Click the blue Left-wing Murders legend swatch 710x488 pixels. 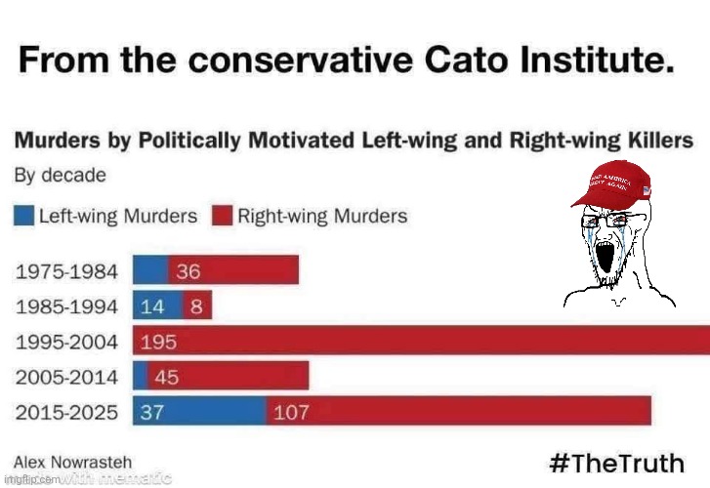click(24, 216)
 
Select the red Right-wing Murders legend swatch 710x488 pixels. click(223, 216)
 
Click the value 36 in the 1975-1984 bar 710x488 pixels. click(188, 270)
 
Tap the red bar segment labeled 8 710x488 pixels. click(197, 305)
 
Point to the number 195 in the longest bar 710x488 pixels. click(158, 342)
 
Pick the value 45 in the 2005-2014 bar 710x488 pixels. click(166, 376)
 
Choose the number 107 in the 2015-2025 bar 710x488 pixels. click(291, 412)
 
